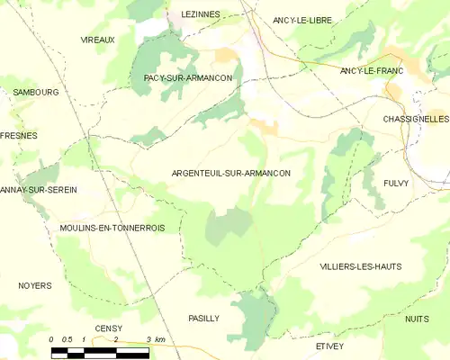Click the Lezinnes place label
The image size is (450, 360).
coord(200,15)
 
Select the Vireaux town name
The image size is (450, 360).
coord(97,40)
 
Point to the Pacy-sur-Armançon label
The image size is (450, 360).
coord(188,78)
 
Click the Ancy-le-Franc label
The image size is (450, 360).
coord(372,70)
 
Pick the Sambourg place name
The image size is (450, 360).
coord(35,92)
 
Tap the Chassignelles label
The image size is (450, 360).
coord(415,119)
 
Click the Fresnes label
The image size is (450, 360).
coord(20,135)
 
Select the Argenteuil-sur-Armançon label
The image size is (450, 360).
coord(230,173)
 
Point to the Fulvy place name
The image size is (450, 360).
coord(396,183)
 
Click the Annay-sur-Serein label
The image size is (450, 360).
coord(39,190)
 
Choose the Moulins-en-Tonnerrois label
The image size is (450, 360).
coord(112,229)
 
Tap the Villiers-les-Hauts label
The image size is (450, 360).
coord(360,266)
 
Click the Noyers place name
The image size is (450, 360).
coord(35,285)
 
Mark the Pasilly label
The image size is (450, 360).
coord(203,318)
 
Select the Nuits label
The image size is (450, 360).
coord(417,319)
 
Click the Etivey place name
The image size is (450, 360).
coord(330,345)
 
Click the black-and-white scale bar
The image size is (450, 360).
coord(100,353)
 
